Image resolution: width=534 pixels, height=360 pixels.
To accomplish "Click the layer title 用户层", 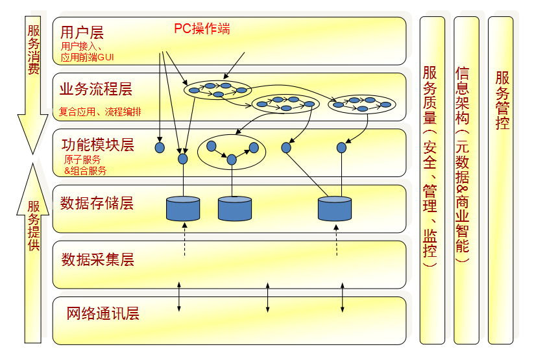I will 82,32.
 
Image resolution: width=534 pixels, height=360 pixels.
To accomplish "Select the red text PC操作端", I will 202,29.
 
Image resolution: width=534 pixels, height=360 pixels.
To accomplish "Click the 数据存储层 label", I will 97,203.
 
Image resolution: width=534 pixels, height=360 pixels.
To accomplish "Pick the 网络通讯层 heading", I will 103,314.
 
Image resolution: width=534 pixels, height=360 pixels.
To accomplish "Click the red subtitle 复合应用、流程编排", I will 100,112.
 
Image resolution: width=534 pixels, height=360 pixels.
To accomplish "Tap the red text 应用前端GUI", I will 88,57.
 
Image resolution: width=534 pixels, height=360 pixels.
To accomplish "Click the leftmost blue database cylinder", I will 183,208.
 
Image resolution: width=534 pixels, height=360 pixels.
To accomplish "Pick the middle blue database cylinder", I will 234,208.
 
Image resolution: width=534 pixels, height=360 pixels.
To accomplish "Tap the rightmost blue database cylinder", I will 335,208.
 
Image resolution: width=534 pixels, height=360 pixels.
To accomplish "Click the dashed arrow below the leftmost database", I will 184,239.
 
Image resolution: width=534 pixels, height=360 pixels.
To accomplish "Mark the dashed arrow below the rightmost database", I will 336,239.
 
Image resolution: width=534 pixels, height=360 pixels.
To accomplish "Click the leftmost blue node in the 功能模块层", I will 160,148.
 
